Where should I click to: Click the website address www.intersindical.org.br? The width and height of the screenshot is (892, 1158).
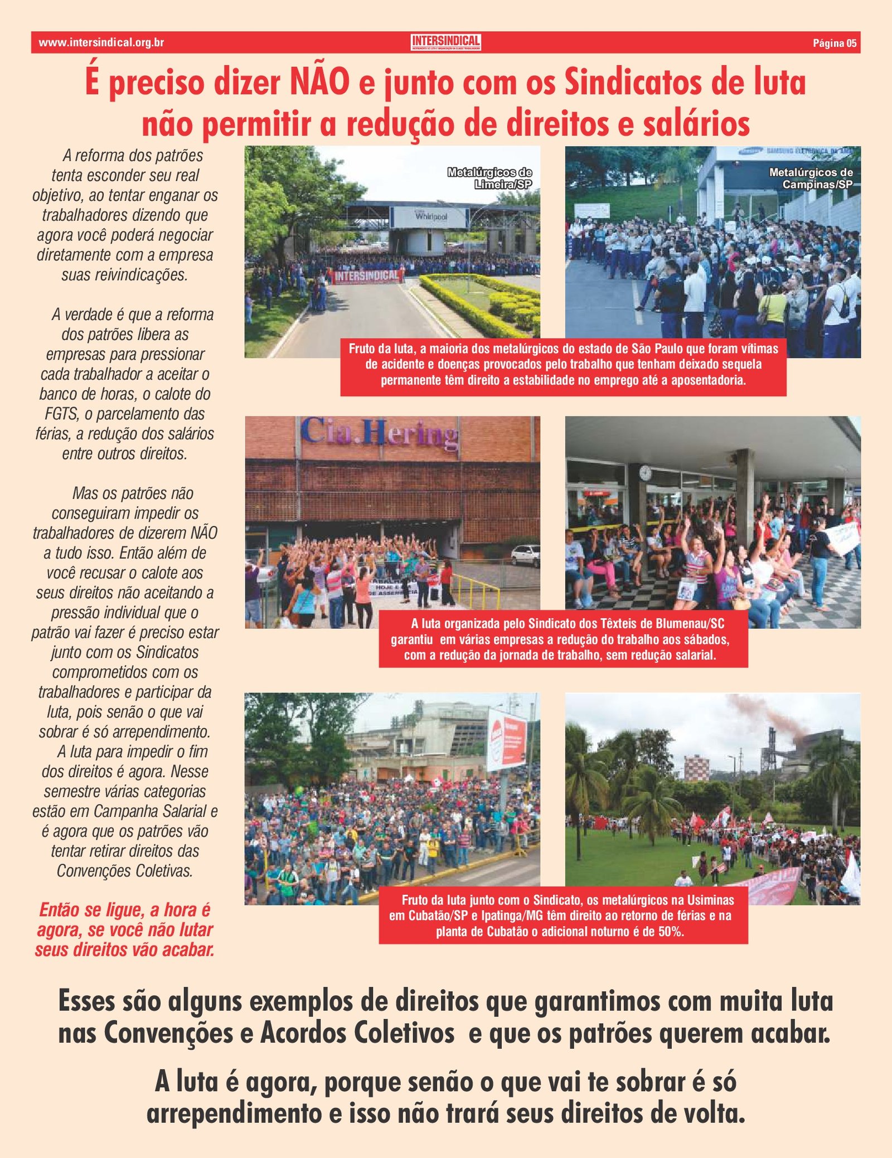[x=101, y=42]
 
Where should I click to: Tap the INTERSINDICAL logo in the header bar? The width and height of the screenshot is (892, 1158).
[x=445, y=42]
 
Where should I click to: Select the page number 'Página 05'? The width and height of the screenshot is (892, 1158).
[x=834, y=43]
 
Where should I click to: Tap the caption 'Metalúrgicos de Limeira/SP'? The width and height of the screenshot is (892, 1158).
[x=490, y=178]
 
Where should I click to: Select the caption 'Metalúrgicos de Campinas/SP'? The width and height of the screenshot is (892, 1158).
[x=811, y=178]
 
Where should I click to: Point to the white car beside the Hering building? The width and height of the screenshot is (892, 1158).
[x=526, y=555]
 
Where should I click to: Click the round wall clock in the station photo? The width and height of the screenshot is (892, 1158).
[x=645, y=473]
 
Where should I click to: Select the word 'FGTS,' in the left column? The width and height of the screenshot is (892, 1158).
[x=61, y=414]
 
